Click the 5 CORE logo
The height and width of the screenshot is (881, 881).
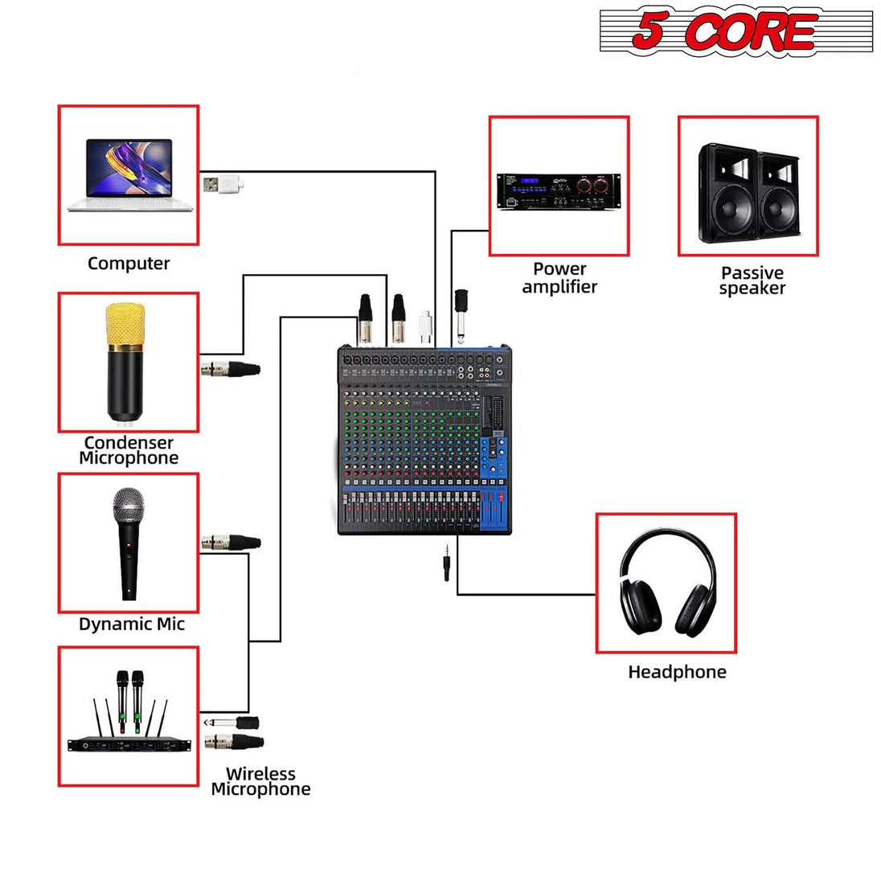tap(736, 32)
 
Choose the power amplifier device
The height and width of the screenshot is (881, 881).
tap(559, 191)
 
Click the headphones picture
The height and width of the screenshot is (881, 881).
tap(667, 582)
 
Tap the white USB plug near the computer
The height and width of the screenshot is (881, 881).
tap(222, 184)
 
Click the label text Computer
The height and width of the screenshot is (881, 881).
tap(129, 264)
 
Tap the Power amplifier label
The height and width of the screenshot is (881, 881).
tap(559, 278)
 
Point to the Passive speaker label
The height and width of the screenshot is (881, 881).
tap(752, 281)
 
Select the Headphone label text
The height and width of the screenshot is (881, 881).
tap(677, 672)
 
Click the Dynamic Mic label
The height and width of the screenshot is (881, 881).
tap(132, 624)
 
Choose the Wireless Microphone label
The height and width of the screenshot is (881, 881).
tap(260, 781)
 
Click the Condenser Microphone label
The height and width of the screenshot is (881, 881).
tap(129, 450)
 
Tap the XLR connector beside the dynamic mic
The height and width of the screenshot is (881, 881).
tap(231, 542)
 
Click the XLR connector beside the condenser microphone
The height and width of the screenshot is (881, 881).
tap(231, 369)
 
